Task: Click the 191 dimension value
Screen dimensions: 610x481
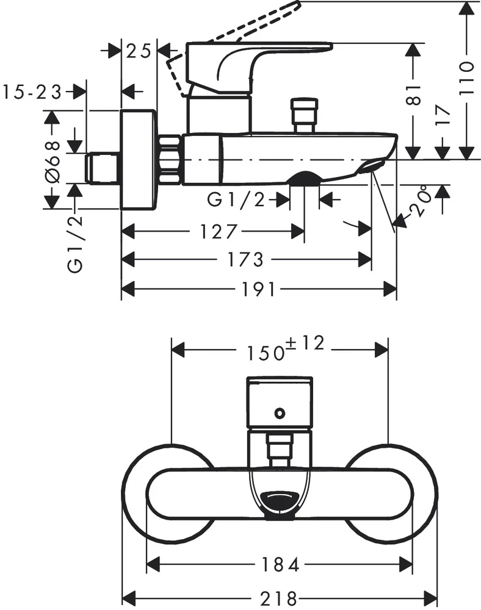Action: click(260, 289)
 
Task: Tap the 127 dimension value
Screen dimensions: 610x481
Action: click(217, 232)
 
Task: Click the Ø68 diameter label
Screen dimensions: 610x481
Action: click(53, 161)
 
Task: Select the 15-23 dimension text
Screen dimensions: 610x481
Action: click(32, 92)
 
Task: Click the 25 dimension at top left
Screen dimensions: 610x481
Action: click(139, 51)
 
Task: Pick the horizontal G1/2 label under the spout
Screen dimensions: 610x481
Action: click(237, 199)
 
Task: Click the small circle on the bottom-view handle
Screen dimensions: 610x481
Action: click(280, 414)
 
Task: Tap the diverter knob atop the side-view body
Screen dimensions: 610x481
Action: click(305, 113)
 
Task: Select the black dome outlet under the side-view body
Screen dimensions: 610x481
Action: click(305, 178)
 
